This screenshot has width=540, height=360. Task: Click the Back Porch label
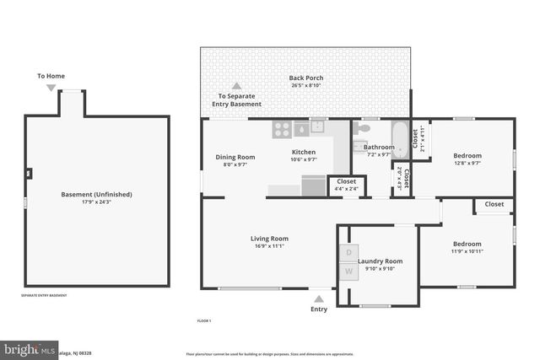tap(305, 78)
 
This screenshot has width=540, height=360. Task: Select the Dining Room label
tap(235, 157)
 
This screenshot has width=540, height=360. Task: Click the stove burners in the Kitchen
tap(282, 129)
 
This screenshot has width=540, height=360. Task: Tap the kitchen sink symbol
tap(317, 128)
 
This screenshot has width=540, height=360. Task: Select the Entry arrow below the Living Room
tap(319, 298)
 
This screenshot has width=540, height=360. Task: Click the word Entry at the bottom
tap(319, 309)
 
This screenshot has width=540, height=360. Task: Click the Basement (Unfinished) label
tap(96, 195)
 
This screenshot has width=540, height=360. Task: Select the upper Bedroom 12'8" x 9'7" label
tap(467, 156)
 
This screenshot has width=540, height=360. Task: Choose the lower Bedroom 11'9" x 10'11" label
tap(467, 244)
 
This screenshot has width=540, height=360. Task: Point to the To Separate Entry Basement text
tap(239, 99)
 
